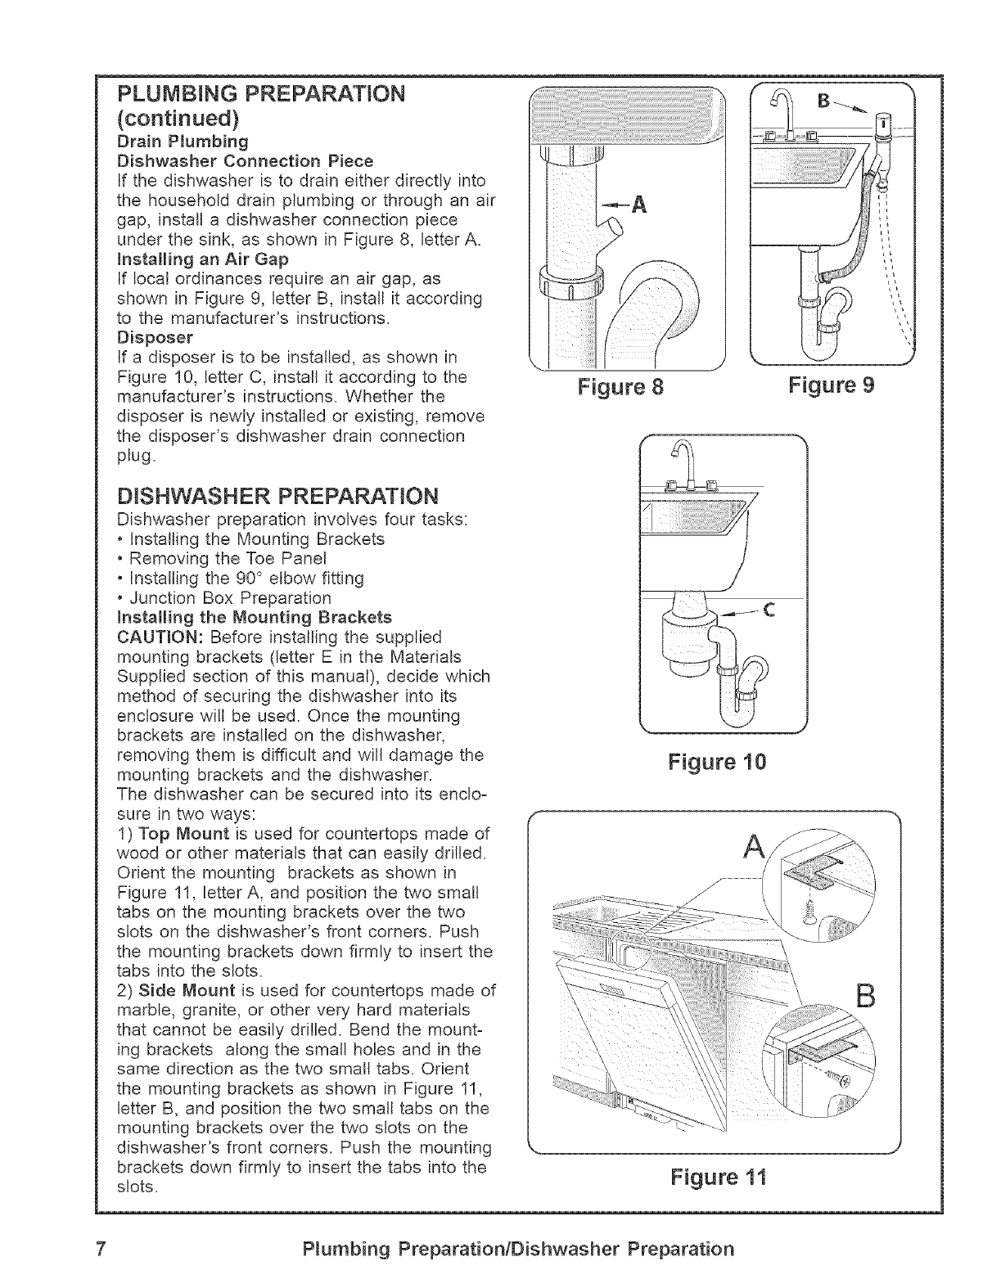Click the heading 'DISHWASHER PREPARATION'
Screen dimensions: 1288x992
(277, 496)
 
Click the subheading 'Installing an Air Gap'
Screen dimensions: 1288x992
(203, 259)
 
